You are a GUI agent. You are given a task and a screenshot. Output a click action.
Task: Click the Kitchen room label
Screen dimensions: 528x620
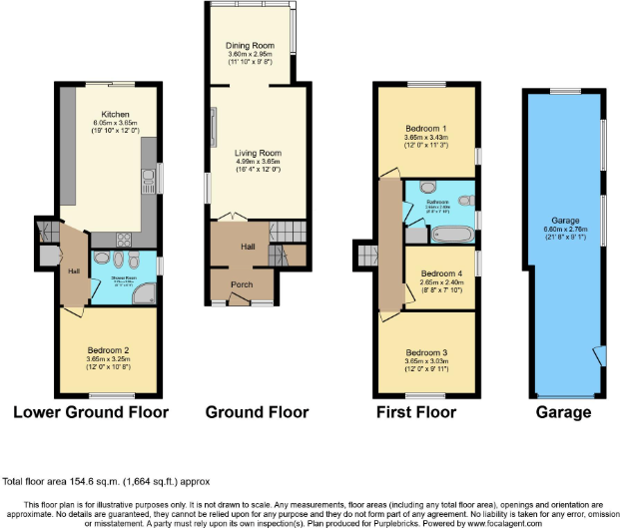115,115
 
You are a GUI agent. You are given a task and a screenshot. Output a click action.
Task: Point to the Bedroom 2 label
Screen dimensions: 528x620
106,350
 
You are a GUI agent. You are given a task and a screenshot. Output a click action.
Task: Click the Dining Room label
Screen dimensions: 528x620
252,45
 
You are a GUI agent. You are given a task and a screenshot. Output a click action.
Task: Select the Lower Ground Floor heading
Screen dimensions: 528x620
90,412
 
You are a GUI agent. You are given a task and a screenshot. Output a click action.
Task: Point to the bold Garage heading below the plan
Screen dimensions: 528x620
563,412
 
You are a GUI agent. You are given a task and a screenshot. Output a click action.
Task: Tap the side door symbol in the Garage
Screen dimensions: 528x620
597,356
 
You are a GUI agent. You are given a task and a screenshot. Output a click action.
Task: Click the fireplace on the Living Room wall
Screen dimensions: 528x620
213,126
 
